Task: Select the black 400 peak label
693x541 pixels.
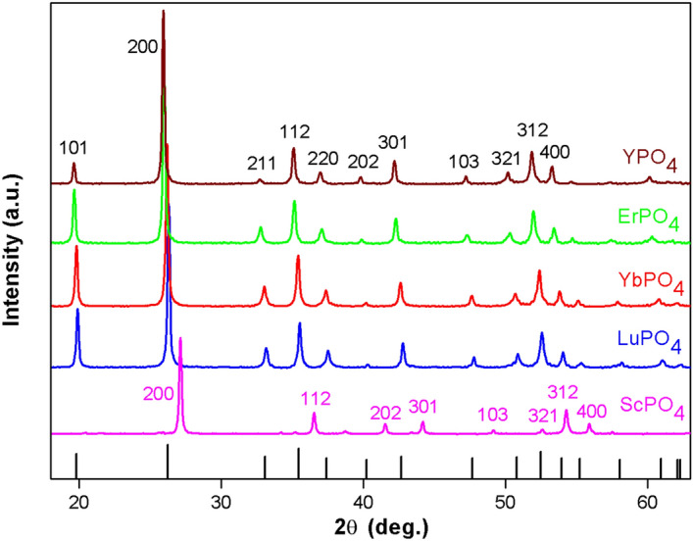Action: tap(554, 152)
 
